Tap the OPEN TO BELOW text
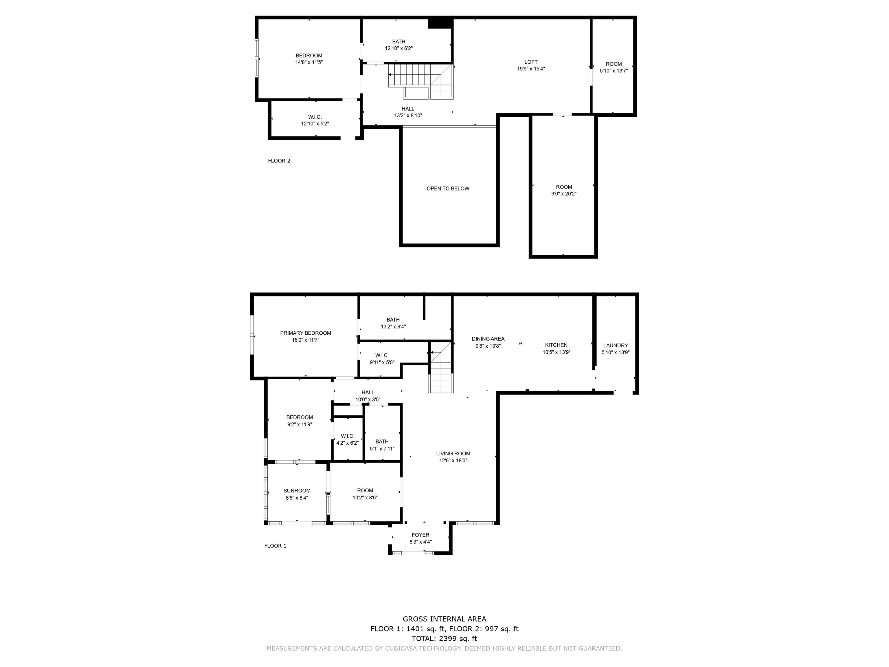[448, 188]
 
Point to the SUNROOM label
[297, 490]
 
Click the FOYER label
[420, 535]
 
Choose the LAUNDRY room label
[615, 345]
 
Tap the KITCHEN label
[556, 345]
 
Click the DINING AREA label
[488, 339]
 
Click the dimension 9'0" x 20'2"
[564, 194]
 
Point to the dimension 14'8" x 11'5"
[309, 62]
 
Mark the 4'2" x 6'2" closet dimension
[347, 443]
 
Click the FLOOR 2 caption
[279, 161]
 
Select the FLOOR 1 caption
[275, 546]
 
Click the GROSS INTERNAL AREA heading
[444, 619]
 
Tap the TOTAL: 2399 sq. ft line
[444, 638]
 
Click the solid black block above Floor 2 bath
[440, 23]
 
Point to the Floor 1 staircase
[441, 367]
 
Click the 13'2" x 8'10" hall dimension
[408, 116]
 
